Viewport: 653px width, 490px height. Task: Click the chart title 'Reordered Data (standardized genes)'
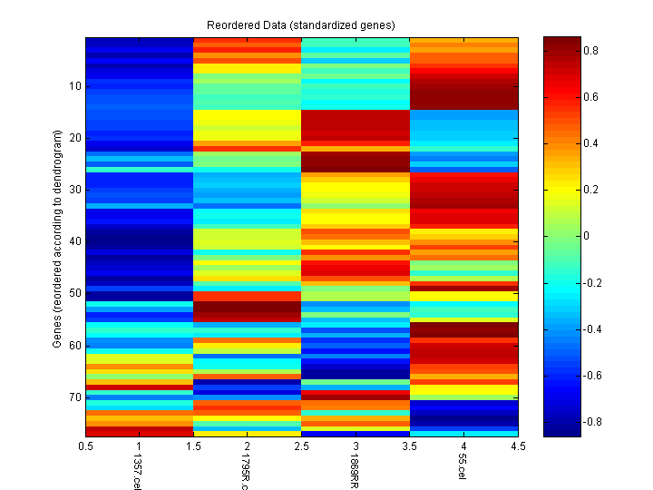[x=301, y=24]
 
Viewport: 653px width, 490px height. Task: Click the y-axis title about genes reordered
[x=57, y=239]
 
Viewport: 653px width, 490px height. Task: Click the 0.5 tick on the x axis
[x=86, y=446]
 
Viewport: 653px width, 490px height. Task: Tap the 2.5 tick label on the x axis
[x=301, y=446]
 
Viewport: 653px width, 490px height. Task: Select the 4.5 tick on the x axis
[x=517, y=446]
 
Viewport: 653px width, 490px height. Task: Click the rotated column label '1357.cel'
[x=138, y=472]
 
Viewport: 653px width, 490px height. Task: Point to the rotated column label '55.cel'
[x=463, y=468]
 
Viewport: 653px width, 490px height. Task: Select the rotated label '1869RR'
[x=355, y=472]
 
